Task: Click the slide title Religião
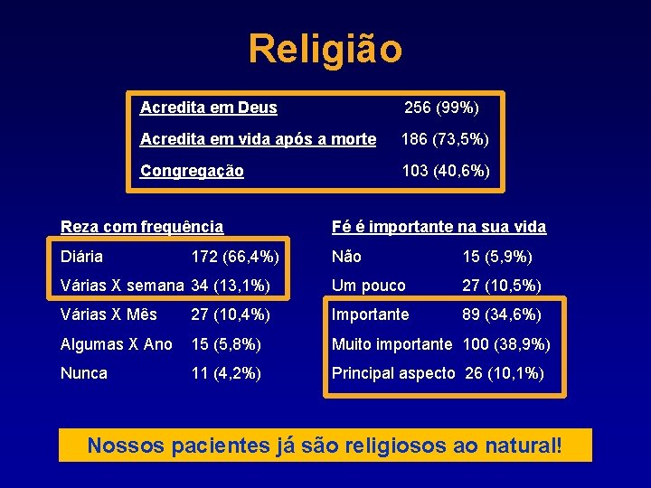coord(325,49)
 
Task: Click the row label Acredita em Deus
coord(209,108)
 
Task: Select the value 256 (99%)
coord(441,108)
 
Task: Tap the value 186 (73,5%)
coord(445,139)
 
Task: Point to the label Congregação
coord(192,171)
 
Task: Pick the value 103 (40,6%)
coord(445,171)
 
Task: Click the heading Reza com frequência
coord(142,227)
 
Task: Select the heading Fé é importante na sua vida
coord(439,227)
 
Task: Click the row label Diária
coord(81,257)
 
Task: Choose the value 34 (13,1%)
coord(231,286)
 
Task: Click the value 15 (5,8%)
coord(226,344)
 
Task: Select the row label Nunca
coord(84,373)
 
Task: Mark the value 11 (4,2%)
coord(226,373)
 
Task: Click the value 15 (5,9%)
coord(497,257)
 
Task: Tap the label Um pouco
coord(369,286)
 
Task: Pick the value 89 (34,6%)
coord(502,314)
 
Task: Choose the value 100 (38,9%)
coord(506,344)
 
